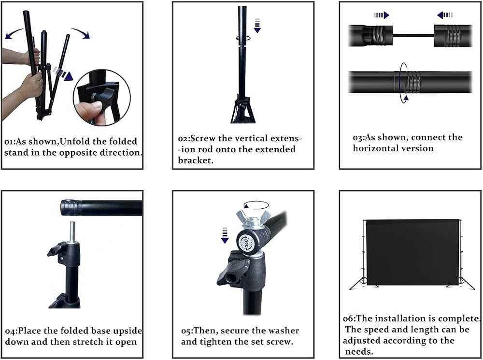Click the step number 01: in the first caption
(10, 142)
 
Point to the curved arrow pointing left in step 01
(14, 34)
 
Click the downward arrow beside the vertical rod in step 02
(257, 26)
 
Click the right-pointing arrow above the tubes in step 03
(382, 15)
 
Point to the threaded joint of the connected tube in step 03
(410, 82)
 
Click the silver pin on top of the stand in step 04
(72, 232)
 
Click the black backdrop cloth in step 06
(412, 252)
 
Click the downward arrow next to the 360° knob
(225, 235)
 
